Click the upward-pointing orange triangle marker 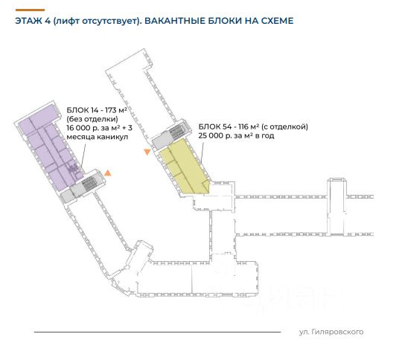coord(108,173)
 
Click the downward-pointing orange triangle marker coord(147,152)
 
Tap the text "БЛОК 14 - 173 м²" coord(97,110)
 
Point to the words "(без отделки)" coord(92,119)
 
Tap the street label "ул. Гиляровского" coord(331,332)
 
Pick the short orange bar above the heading coord(30,10)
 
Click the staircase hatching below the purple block coord(89,184)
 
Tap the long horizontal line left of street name coord(157,332)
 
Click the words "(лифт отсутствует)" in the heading coord(97,21)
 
